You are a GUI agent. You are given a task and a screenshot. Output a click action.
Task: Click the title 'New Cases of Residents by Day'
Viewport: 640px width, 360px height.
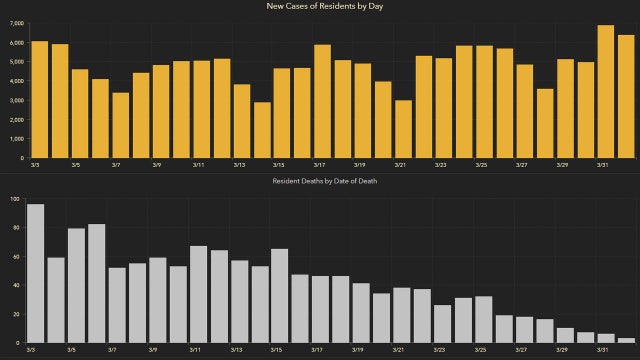click(325, 7)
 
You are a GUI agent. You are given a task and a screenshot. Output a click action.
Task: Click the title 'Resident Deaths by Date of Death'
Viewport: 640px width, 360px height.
click(325, 181)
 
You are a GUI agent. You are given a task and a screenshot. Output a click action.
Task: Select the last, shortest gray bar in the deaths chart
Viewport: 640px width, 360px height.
click(626, 341)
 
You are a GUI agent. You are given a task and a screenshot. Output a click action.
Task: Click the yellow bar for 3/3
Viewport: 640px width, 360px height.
click(39, 100)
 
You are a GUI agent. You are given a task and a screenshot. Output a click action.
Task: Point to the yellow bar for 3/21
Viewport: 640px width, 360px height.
click(403, 129)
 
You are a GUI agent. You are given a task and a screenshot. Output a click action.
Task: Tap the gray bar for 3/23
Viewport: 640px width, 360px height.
click(442, 325)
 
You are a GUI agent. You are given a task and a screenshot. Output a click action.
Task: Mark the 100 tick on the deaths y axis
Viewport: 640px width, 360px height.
click(14, 199)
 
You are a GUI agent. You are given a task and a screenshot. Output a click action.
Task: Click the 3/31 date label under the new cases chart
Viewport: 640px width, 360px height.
click(603, 166)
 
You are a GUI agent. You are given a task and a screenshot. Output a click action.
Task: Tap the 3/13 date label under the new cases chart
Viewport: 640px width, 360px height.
click(239, 166)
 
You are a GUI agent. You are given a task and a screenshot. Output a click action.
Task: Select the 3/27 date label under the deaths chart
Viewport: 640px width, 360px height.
click(520, 351)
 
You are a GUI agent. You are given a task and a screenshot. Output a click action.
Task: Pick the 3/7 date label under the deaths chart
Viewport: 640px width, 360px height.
click(116, 351)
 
